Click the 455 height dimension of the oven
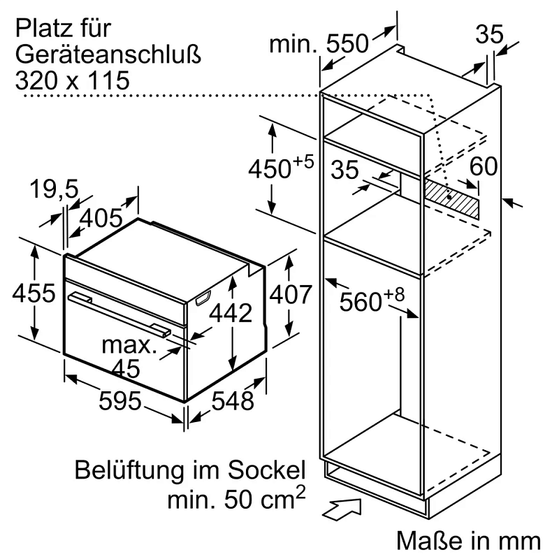[x=33, y=293]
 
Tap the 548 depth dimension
[x=232, y=401]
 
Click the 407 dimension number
[x=290, y=295]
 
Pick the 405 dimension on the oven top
[x=101, y=219]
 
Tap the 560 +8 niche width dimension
[x=371, y=300]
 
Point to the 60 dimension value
[x=484, y=167]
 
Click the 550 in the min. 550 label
[x=344, y=44]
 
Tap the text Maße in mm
[x=468, y=540]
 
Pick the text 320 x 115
[x=72, y=80]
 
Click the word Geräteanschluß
[x=108, y=55]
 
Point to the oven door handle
[x=119, y=311]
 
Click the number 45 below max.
[x=126, y=367]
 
